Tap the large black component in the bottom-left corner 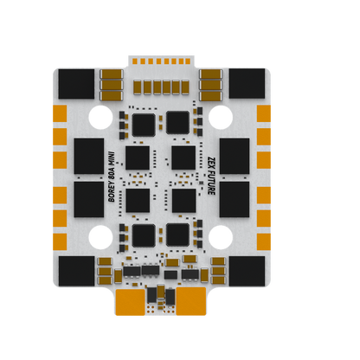coord(76,272)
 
